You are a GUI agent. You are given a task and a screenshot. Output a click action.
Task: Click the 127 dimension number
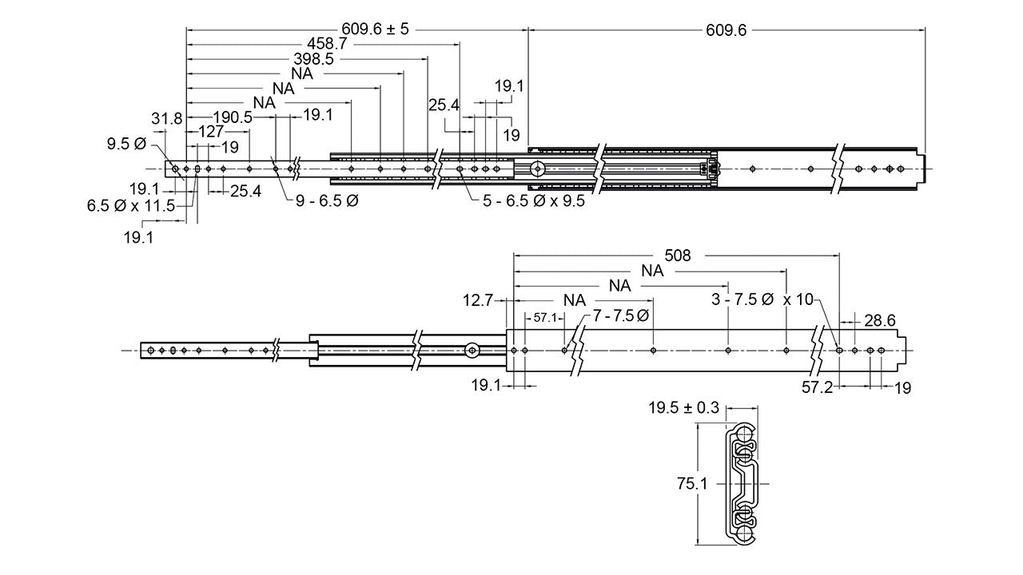click(211, 132)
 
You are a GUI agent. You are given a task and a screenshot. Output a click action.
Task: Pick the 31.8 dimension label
click(166, 118)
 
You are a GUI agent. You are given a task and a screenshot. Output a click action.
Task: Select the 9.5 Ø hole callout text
click(126, 145)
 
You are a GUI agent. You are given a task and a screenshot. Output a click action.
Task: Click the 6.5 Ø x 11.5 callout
click(131, 205)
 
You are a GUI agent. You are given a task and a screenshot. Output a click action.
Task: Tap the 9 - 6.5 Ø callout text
click(327, 200)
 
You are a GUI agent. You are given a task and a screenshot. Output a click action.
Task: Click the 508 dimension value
click(676, 256)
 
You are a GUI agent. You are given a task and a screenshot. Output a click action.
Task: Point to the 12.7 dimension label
click(477, 300)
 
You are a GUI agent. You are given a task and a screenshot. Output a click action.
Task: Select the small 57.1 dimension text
click(544, 318)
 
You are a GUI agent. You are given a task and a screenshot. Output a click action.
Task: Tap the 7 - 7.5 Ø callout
click(620, 315)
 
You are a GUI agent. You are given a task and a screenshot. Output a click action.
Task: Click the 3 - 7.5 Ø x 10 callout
click(762, 299)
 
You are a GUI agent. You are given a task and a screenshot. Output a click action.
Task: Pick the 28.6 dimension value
click(878, 319)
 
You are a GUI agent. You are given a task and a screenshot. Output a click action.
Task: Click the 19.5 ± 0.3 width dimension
click(683, 408)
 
